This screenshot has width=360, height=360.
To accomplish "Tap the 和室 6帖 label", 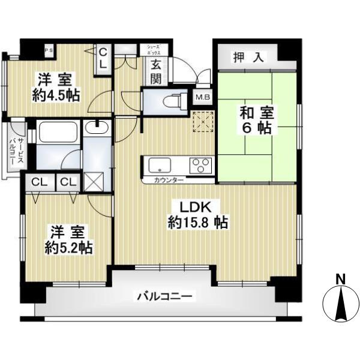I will (256, 120).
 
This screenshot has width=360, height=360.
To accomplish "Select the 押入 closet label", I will (249, 58).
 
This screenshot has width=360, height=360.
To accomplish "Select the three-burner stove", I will (201, 164).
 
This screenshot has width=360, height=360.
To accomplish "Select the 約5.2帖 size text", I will (68, 248).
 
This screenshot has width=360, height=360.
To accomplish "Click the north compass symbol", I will (340, 303).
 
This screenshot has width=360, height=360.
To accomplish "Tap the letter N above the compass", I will (340, 278).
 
